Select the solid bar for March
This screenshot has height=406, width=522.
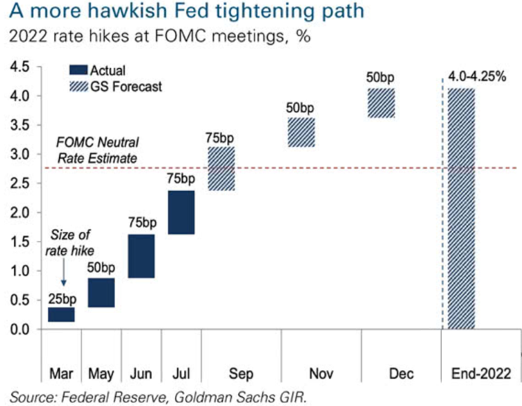[x=61, y=315]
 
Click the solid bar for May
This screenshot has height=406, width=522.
[x=101, y=292]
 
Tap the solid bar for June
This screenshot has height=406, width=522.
[x=141, y=256]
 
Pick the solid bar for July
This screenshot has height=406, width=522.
[x=181, y=212]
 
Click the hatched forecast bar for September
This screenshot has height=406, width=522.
[x=221, y=169]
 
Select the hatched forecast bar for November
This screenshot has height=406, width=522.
[x=301, y=132]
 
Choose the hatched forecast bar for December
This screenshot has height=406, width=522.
[x=381, y=103]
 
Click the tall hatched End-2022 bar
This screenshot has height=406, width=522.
[x=462, y=209]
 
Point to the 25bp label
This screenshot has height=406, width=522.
[x=63, y=299]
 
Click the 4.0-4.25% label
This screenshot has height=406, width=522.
[x=477, y=77]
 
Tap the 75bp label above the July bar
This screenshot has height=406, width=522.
[x=181, y=178]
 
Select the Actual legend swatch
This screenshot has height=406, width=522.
[x=79, y=70]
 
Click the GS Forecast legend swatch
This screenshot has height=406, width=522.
[x=79, y=86]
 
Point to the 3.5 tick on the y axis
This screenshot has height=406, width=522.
[x=20, y=125]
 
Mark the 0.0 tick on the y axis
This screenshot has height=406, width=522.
[x=20, y=329]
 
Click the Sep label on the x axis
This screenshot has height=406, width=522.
[x=241, y=374]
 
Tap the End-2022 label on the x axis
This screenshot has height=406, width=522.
[x=481, y=374]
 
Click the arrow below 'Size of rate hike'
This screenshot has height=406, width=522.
[x=64, y=272]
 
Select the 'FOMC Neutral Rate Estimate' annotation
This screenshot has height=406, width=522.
[x=97, y=150]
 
